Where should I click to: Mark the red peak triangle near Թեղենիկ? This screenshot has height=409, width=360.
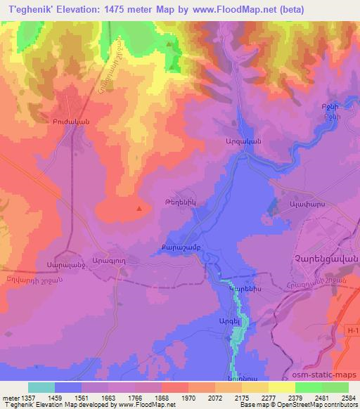(139, 208)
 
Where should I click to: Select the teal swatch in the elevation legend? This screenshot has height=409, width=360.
(41, 387)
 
